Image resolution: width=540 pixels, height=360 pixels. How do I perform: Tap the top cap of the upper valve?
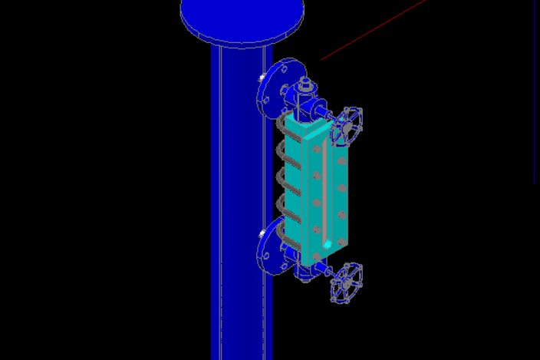click(305, 82)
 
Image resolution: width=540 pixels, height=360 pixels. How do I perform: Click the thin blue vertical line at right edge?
click(535, 92)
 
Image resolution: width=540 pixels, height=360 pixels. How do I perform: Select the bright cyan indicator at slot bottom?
click(327, 244)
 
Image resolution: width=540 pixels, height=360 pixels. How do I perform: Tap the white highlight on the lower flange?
click(263, 233)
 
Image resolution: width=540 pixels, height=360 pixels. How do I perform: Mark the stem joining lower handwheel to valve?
click(328, 272)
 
